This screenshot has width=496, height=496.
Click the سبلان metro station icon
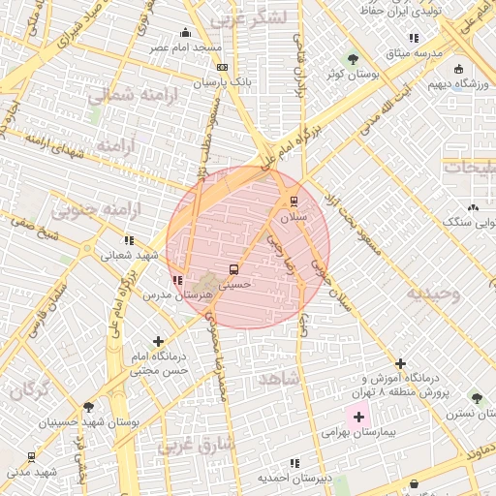(x=293, y=201)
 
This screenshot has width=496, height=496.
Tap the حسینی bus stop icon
(x=232, y=269)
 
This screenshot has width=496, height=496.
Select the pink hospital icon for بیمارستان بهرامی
(x=359, y=418)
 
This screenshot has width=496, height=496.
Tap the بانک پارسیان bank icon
(x=223, y=67)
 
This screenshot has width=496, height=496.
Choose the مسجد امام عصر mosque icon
(x=186, y=32)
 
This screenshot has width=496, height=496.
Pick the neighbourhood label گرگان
(x=29, y=390)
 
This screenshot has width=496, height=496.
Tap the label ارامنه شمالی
(x=125, y=95)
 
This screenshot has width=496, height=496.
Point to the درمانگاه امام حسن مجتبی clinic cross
(x=158, y=341)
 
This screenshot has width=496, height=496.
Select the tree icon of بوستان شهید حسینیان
(x=89, y=407)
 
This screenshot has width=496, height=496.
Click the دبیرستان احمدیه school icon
(x=294, y=463)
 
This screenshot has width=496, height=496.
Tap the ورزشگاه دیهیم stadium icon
(x=458, y=69)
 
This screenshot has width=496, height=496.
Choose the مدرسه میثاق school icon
(x=415, y=38)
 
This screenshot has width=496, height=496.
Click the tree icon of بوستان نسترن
(x=476, y=397)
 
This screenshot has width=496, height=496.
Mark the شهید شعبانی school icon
(x=129, y=240)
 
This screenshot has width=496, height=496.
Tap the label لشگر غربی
(x=249, y=17)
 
